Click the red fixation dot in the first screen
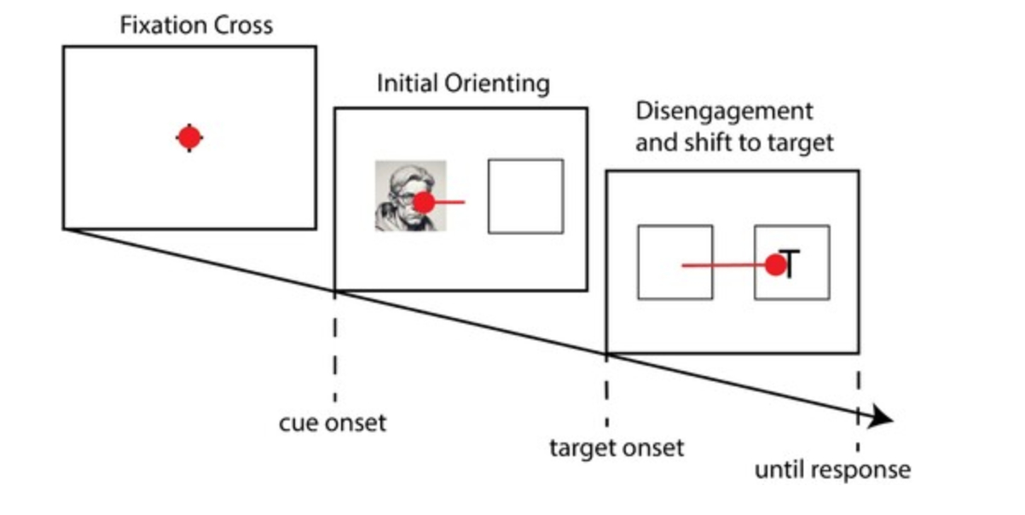(189, 136)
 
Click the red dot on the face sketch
(424, 202)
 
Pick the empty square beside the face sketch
(525, 196)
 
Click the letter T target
(790, 264)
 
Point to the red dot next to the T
(774, 265)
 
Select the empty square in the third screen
(675, 262)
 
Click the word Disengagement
(724, 112)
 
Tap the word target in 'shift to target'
(797, 142)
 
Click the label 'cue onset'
(333, 423)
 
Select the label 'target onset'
(616, 448)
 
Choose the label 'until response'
(832, 470)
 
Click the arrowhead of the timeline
(882, 418)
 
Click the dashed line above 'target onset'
(606, 392)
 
